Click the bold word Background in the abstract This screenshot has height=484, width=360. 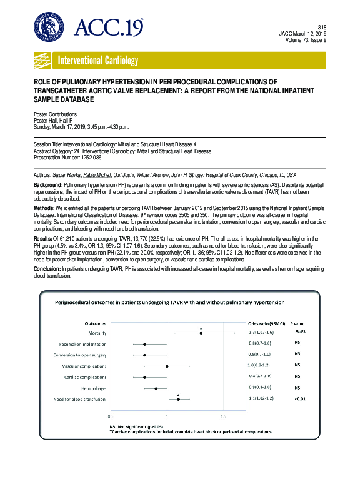(x=49, y=186)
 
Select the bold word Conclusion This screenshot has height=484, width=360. (x=49, y=268)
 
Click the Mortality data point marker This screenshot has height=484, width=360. (x=201, y=333)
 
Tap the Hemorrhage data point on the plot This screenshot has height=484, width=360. (x=156, y=388)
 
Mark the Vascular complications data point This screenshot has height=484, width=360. (x=167, y=366)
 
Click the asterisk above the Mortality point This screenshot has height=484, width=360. (x=201, y=328)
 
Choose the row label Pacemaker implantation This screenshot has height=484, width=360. (x=82, y=344)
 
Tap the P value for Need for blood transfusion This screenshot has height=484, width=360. (x=300, y=398)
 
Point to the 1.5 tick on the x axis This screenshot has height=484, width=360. (x=223, y=416)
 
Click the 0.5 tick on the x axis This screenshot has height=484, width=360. (x=111, y=416)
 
